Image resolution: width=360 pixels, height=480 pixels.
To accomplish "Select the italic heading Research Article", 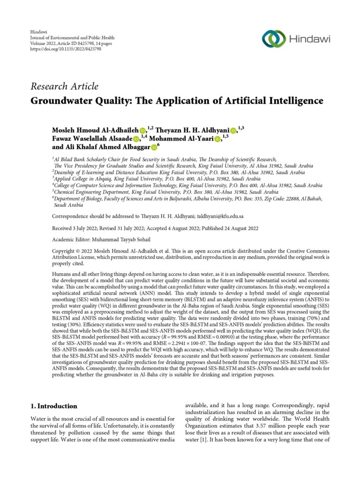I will click(64, 87).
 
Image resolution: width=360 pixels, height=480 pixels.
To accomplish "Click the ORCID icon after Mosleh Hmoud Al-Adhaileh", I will click(142, 130).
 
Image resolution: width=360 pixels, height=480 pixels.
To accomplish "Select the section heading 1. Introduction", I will click(54, 406).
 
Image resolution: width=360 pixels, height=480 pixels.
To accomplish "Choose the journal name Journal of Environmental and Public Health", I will click(72, 37).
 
